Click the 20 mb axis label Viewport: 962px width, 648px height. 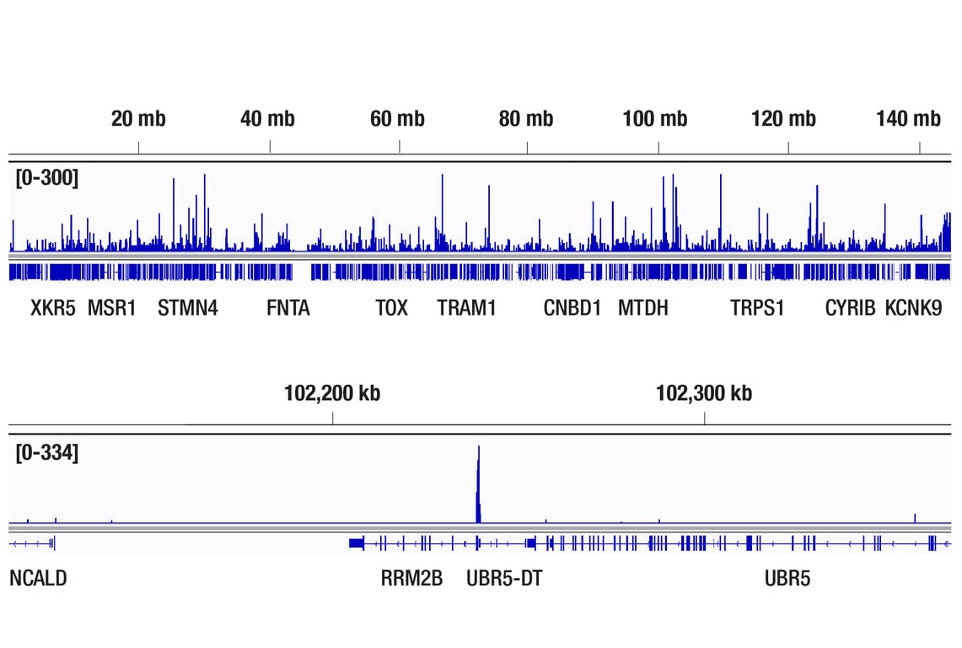tap(138, 119)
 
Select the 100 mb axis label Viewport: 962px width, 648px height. tap(655, 119)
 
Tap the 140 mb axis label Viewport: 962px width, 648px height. tap(908, 119)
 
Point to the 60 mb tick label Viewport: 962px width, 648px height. tap(397, 119)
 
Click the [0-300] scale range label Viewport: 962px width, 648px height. tap(46, 178)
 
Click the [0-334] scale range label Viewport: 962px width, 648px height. tap(46, 453)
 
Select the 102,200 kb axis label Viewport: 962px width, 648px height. tap(332, 393)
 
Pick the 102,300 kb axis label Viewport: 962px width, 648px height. tap(704, 393)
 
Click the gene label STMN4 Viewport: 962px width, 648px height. tap(188, 309)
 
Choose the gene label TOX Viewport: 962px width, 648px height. tap(391, 309)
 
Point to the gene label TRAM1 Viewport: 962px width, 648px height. tap(466, 309)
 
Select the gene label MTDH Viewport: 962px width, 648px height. tap(643, 309)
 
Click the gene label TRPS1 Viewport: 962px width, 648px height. tap(757, 309)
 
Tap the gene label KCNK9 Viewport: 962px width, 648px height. tap(913, 309)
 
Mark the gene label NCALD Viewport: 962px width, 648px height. tap(38, 579)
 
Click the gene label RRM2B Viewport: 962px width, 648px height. tap(411, 579)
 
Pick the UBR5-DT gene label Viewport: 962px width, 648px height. tap(504, 579)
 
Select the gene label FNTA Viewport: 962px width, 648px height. tap(288, 309)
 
